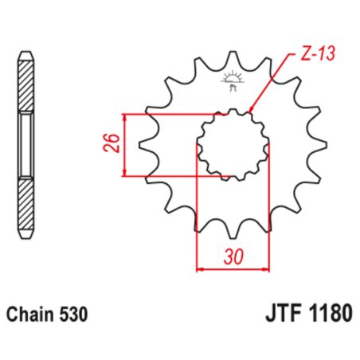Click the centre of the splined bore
(x=233, y=145)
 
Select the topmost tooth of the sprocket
(x=233, y=58)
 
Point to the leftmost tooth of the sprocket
(x=144, y=145)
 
